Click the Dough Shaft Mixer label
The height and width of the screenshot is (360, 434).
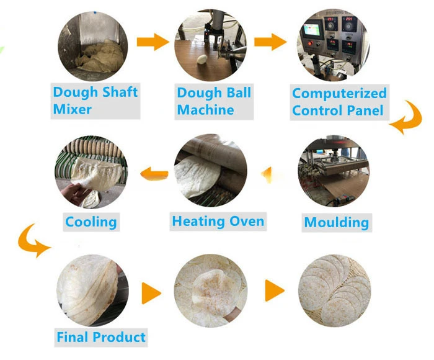pos(95,101)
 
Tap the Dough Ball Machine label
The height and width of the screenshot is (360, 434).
pos(214,101)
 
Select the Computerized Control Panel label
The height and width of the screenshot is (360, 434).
pos(339,102)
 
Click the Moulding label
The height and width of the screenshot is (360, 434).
pos(336,222)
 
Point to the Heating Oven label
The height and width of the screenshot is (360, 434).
pos(218,221)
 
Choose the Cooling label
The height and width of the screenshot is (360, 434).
pos(91,222)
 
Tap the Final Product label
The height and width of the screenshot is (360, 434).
pos(100,338)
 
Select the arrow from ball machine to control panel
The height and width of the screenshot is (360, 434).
pos(271,43)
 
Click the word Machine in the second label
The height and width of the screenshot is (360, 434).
pos(205,110)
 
